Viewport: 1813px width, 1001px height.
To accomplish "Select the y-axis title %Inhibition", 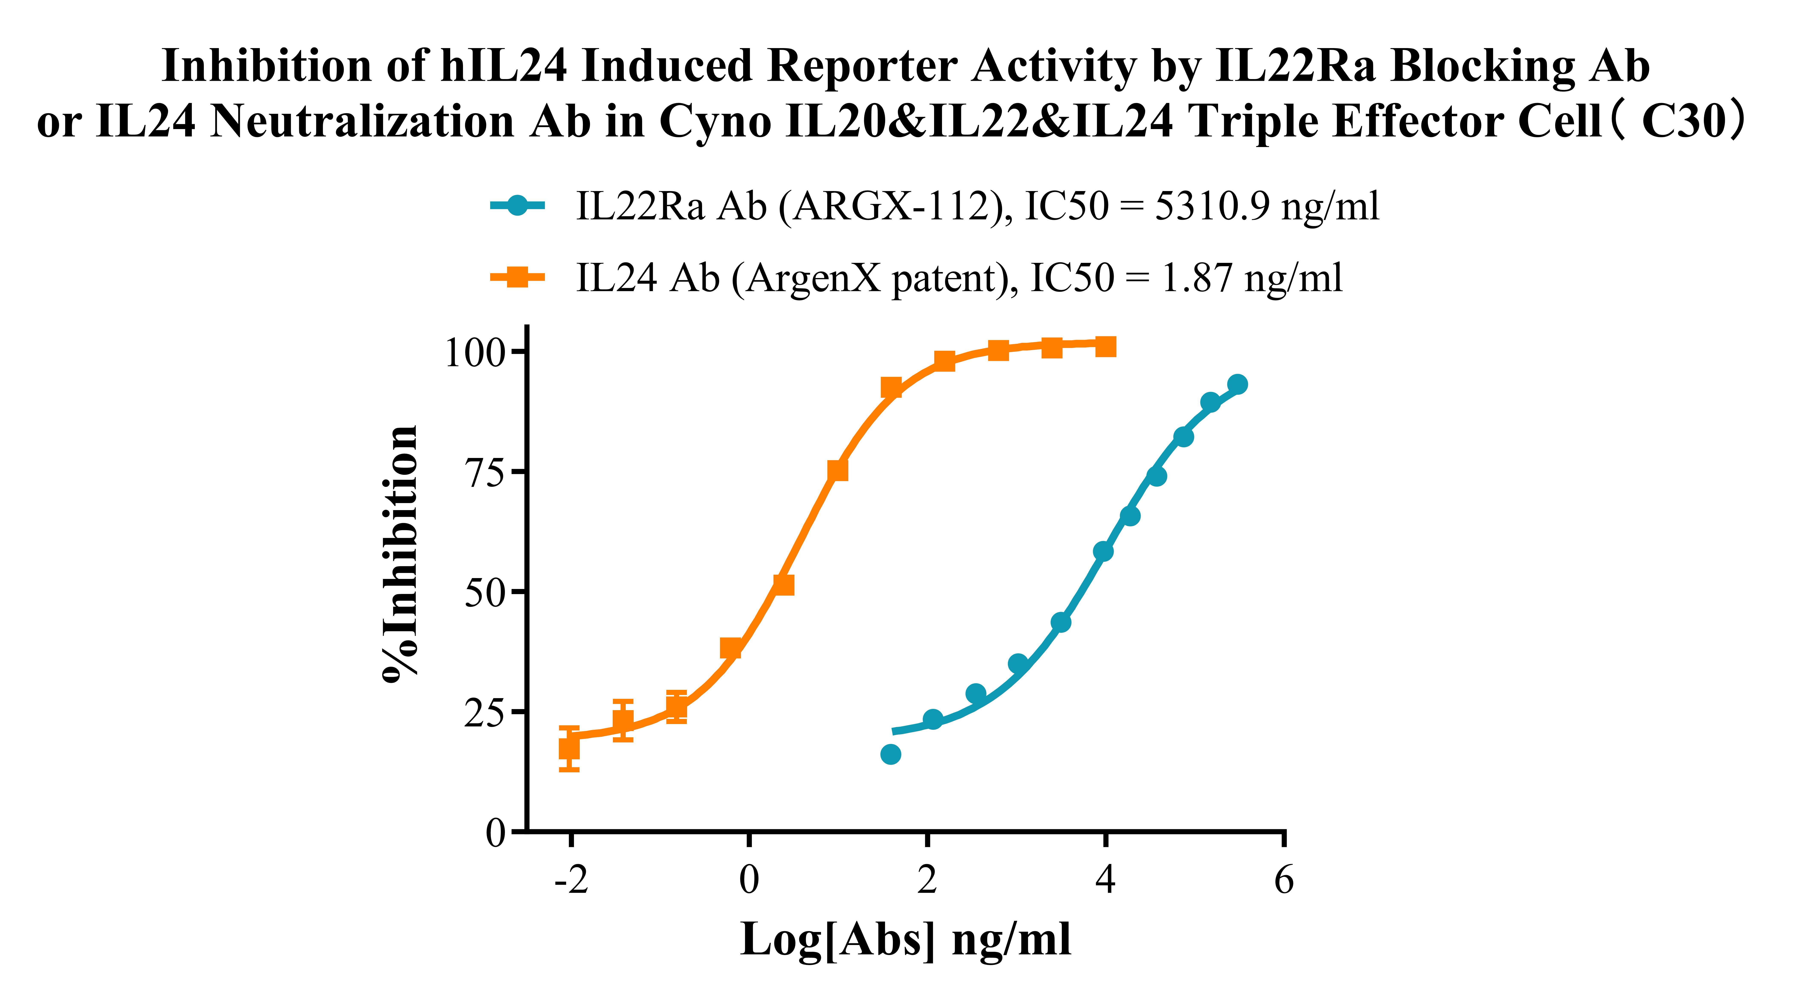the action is [400, 554].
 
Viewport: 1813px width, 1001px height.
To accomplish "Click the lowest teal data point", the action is [890, 754].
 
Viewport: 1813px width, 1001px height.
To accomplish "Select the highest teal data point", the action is [1237, 384].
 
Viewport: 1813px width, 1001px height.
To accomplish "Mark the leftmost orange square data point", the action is [569, 748].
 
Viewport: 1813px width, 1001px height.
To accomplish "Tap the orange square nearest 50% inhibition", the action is [783, 584].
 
